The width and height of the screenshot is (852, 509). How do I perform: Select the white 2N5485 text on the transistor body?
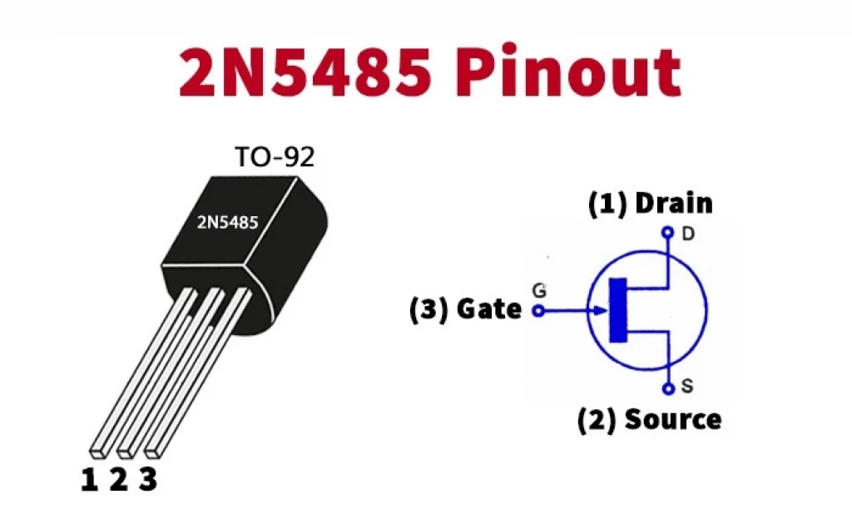tap(227, 222)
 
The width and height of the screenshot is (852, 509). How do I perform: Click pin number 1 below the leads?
tap(89, 480)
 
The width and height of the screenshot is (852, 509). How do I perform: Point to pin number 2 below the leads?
tap(118, 480)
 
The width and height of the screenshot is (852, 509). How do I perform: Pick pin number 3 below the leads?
tap(147, 480)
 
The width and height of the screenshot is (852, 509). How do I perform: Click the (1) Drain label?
tap(651, 204)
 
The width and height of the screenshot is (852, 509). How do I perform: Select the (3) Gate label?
tap(465, 309)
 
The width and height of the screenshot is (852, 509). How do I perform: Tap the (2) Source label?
tap(649, 419)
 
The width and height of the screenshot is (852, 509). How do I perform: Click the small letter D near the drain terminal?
tap(688, 234)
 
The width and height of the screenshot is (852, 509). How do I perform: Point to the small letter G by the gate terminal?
tap(539, 291)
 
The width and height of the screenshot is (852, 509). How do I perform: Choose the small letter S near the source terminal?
tap(687, 387)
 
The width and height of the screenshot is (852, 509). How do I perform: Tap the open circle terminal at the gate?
tap(538, 311)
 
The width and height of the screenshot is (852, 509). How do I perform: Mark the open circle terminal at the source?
tap(666, 388)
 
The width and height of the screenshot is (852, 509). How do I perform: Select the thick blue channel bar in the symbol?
tap(618, 310)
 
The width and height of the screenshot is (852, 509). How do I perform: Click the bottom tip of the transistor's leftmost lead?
tap(99, 451)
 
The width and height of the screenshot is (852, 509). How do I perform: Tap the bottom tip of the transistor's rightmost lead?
tap(152, 451)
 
